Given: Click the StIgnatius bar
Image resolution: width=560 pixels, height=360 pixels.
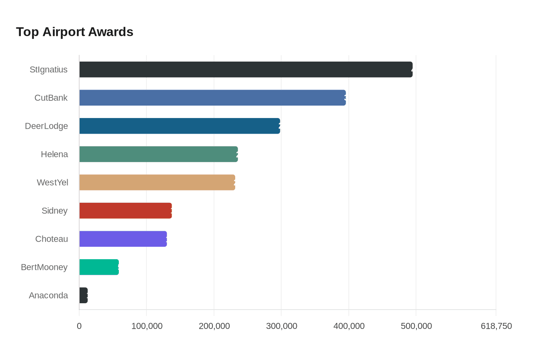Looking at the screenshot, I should (246, 70).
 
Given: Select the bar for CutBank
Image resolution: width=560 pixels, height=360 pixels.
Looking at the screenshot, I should (212, 98).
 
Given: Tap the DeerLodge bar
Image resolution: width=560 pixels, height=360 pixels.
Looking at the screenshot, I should (180, 126).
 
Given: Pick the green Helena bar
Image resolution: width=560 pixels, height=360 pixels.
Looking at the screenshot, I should (158, 154).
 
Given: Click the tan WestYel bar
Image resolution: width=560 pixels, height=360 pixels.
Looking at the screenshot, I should (157, 182).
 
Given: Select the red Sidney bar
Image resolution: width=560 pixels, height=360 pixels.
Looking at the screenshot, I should (126, 210).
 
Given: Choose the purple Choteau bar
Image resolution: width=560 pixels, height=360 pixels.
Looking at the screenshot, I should (123, 239).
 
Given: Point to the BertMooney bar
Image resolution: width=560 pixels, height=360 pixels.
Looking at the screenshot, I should (99, 267).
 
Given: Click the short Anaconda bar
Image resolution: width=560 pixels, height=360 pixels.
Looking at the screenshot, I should (83, 295).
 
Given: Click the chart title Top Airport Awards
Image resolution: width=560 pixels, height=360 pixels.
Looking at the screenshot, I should (74, 32).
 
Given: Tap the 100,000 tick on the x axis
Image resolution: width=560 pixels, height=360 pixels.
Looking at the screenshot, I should (147, 326).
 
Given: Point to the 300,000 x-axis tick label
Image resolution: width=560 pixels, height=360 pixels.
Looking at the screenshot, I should (282, 326).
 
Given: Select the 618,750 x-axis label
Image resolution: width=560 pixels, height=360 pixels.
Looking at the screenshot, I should (496, 326).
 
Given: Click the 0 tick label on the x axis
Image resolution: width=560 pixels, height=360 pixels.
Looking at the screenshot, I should (79, 326).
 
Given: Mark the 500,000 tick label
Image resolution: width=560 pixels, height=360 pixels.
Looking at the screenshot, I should (416, 326).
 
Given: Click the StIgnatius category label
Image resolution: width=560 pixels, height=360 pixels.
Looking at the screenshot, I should (48, 70).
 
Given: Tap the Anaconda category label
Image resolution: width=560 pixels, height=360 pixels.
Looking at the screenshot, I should (48, 295).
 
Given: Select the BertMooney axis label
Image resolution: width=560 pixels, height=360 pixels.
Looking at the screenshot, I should (44, 267).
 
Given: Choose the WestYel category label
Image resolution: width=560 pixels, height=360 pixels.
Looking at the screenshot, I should (52, 182).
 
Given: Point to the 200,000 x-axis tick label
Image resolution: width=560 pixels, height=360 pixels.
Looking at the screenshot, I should (214, 326).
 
